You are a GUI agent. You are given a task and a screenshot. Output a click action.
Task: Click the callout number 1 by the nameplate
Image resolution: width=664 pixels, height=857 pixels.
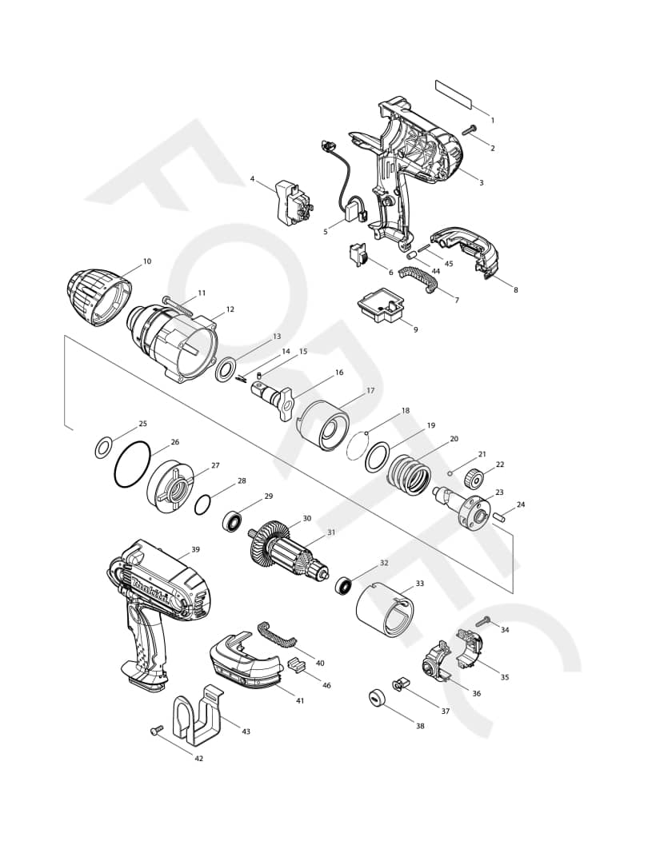pyautogui.click(x=492, y=121)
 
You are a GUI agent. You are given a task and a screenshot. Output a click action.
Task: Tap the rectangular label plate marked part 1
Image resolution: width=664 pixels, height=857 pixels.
pyautogui.click(x=454, y=93)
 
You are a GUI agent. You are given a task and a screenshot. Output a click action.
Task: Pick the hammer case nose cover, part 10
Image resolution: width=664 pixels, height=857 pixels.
pyautogui.click(x=98, y=296)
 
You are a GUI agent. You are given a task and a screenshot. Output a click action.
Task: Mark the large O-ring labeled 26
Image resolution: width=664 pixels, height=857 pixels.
pyautogui.click(x=132, y=464)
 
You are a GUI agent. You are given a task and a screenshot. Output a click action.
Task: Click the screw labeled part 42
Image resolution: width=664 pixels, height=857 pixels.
pyautogui.click(x=156, y=729)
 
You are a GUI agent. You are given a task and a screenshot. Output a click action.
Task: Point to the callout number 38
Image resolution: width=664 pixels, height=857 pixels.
pyautogui.click(x=420, y=726)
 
